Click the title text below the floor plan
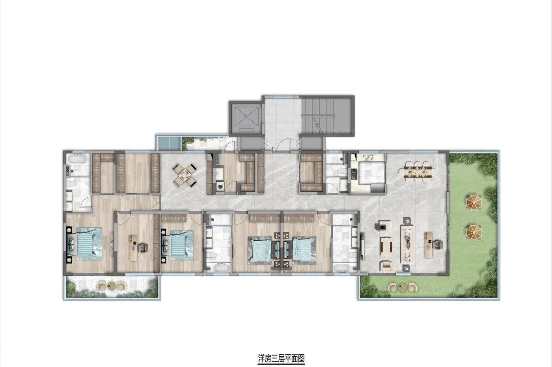[281, 358]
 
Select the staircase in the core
[318, 116]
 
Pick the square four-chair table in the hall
[185, 175]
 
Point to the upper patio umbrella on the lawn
[474, 202]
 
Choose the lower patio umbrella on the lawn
[474, 232]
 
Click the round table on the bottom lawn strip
[403, 287]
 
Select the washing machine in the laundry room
[220, 187]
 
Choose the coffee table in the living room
[386, 246]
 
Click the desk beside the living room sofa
[428, 245]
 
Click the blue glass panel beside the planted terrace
[169, 143]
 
